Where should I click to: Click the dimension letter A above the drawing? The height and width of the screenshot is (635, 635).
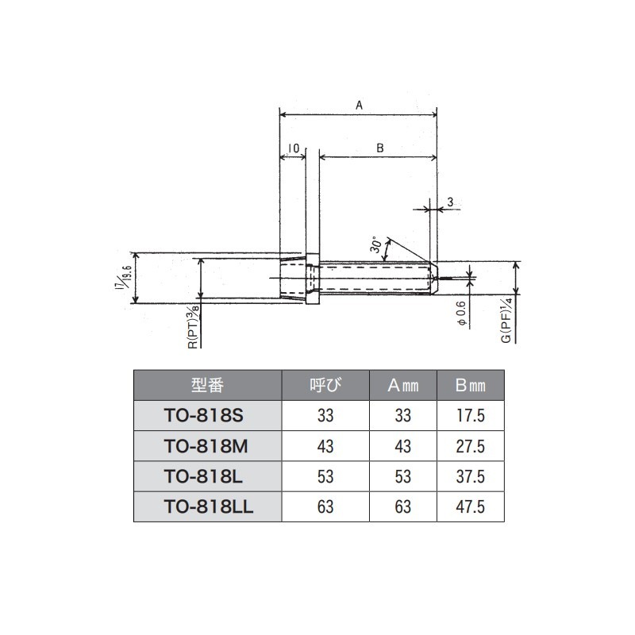coord(359,106)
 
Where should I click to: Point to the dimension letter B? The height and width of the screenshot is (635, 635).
coord(379,148)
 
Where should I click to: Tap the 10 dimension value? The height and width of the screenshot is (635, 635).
coord(293,148)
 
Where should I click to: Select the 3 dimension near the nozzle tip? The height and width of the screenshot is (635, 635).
coord(450,202)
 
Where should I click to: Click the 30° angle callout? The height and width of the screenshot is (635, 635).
coord(376,244)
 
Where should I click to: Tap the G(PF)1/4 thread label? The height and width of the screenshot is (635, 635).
coord(507,320)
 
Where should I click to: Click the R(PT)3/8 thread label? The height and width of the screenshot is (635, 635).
coord(194,326)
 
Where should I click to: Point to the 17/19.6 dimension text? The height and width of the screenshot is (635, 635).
coord(122,278)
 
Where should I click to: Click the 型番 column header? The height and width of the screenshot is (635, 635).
coord(207,385)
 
